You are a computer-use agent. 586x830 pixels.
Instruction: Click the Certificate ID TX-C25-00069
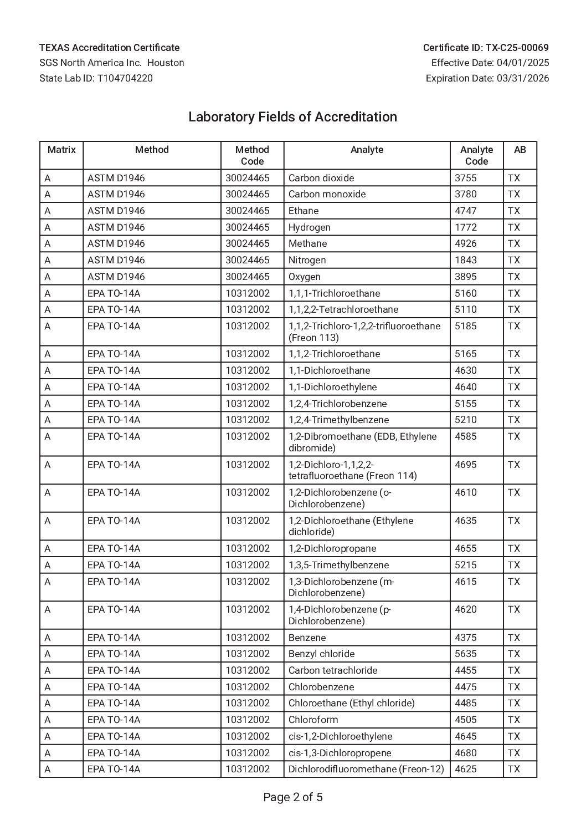[486, 48]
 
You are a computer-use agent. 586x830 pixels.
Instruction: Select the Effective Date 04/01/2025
[490, 63]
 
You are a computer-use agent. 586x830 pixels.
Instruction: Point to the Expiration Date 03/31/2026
[487, 78]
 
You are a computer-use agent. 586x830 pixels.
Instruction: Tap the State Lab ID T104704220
[96, 78]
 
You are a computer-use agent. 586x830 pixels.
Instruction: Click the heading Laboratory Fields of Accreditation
[292, 117]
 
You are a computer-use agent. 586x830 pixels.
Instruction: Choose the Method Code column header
[252, 155]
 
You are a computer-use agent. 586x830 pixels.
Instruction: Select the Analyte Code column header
[476, 155]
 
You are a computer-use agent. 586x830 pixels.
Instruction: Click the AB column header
[520, 150]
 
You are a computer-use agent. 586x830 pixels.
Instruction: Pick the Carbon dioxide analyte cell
[321, 178]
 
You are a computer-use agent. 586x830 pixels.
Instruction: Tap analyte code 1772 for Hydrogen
[466, 227]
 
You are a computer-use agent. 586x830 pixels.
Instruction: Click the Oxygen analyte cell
[305, 277]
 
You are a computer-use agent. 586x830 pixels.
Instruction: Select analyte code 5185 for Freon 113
[466, 326]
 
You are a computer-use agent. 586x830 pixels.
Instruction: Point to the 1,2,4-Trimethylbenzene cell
[338, 420]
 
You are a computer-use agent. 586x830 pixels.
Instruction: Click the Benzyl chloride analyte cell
[321, 654]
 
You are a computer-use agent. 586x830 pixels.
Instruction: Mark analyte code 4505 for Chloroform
[466, 720]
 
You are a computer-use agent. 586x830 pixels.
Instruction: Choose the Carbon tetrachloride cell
[333, 670]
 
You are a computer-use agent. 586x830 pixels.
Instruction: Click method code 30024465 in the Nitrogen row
[248, 260]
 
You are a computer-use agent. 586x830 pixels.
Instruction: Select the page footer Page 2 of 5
[292, 797]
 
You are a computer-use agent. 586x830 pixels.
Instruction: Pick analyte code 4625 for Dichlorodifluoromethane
[466, 769]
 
